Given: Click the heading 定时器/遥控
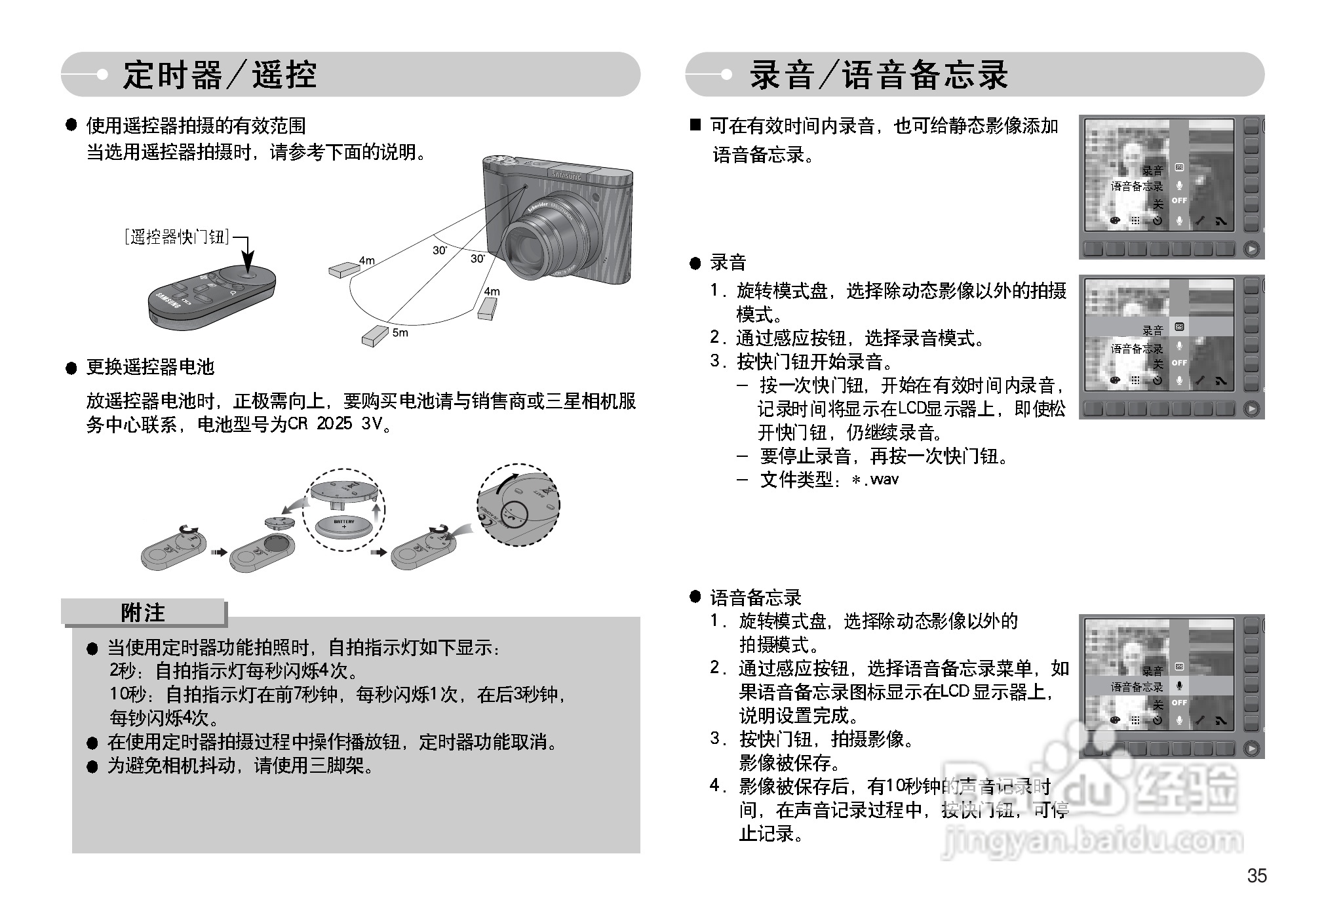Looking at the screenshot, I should (220, 75).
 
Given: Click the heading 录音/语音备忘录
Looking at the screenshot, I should (878, 75).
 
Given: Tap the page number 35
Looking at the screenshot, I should (1256, 876).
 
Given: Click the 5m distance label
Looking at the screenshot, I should (400, 333).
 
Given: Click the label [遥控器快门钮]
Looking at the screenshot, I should (178, 237).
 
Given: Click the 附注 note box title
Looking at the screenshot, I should (143, 613).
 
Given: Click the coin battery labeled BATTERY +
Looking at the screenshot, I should (343, 525).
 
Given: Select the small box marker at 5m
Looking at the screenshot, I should (375, 336).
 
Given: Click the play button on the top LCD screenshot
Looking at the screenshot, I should (1251, 249).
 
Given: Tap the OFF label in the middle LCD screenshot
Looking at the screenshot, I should (1179, 362).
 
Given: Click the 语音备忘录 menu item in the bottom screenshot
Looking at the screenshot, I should (1137, 687).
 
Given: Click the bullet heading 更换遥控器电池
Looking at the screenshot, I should (150, 367).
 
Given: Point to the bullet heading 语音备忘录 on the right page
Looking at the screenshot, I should (755, 597).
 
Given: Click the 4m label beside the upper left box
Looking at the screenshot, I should (366, 261).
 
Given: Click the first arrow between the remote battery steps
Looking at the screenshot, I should (218, 552).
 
